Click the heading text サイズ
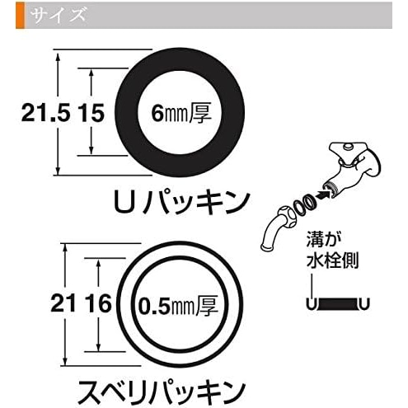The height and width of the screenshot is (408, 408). pos(59,15)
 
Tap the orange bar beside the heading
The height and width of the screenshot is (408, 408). pos(20,15)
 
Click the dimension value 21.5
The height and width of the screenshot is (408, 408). pos(45,113)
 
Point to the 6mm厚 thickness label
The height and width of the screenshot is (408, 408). pos(181,113)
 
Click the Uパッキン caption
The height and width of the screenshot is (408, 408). pos(181,203)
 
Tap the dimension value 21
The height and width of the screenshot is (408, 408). pos(63,303)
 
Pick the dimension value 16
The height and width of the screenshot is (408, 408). pos(99,303)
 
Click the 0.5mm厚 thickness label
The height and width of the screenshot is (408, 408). pos(178,305)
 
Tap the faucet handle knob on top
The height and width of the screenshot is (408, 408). pos(349,146)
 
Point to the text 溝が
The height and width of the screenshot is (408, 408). pos(324,240)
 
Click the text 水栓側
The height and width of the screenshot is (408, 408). pos(332,260)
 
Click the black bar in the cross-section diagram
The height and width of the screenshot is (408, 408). pos(337,304)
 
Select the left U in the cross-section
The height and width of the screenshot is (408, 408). pos(311,303)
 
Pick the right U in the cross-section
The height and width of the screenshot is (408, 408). pos(364,303)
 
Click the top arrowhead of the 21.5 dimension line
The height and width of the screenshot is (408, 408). pos(58,57)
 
